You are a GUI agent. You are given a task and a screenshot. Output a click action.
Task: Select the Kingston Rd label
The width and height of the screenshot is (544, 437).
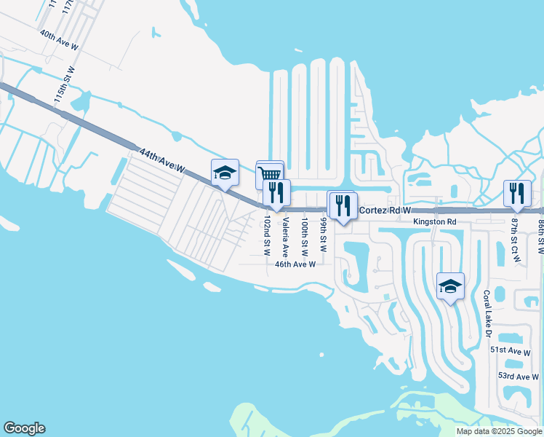(434, 221)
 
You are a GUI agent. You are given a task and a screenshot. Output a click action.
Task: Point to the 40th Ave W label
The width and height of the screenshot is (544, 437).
(59, 39)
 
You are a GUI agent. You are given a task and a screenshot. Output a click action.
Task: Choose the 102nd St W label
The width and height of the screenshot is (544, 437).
(268, 235)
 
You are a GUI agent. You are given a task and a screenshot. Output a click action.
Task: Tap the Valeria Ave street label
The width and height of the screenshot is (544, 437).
(286, 237)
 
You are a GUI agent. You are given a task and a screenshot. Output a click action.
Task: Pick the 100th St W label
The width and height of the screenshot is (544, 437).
(305, 235)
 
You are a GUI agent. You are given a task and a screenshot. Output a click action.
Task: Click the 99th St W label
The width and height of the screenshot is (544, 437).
(323, 234)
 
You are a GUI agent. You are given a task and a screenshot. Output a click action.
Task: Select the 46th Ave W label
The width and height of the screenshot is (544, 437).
(295, 264)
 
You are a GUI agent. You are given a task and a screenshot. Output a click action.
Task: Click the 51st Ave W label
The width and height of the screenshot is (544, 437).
(511, 350)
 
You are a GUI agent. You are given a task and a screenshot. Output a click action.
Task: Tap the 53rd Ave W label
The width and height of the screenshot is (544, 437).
(516, 376)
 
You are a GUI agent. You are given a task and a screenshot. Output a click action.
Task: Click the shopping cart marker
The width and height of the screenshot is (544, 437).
(270, 173)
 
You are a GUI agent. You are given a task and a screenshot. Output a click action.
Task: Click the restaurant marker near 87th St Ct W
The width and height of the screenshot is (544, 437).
(517, 192)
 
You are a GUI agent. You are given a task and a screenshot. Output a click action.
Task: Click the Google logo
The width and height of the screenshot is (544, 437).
(25, 428)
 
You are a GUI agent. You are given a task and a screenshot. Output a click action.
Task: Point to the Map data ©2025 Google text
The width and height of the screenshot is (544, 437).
(498, 431)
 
